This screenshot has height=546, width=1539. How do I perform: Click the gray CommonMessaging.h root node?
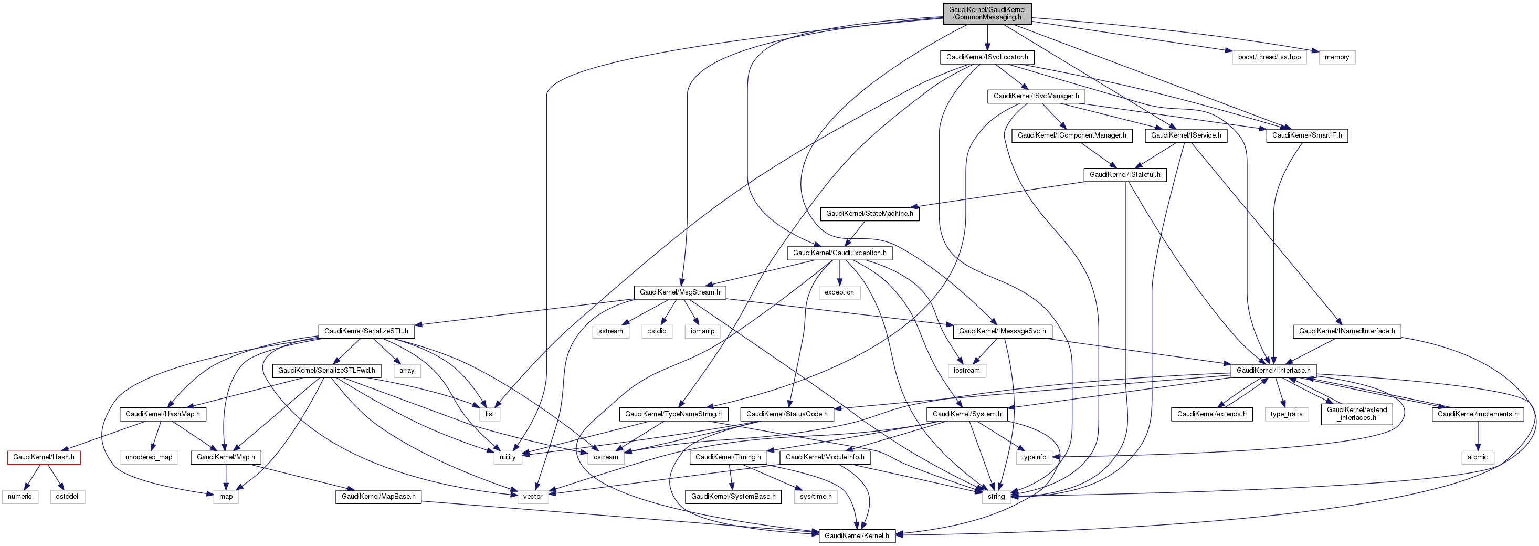[987, 13]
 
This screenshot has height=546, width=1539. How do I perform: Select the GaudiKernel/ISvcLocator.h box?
[987, 57]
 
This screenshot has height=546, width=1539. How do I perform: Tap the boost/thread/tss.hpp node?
[1269, 57]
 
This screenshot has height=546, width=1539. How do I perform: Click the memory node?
[1336, 57]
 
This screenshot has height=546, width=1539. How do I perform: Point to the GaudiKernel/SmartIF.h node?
[1306, 135]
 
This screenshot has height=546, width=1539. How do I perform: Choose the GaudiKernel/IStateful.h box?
[1124, 174]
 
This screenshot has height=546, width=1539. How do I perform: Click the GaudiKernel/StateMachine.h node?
[869, 213]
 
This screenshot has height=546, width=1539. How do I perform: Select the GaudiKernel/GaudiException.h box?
[839, 253]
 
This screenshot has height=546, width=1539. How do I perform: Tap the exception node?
[839, 292]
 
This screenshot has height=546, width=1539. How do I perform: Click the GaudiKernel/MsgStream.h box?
[680, 292]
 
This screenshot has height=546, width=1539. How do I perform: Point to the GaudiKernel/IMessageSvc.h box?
[1002, 331]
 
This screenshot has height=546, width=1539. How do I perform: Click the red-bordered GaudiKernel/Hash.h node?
[44, 457]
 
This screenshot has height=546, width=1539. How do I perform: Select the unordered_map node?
[149, 457]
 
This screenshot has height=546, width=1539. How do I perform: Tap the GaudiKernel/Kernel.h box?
[857, 535]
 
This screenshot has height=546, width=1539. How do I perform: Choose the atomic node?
[1478, 457]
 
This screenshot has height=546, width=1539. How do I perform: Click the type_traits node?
[1287, 414]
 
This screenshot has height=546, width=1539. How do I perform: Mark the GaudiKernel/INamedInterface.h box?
[1347, 331]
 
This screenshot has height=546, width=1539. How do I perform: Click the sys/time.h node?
[816, 497]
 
